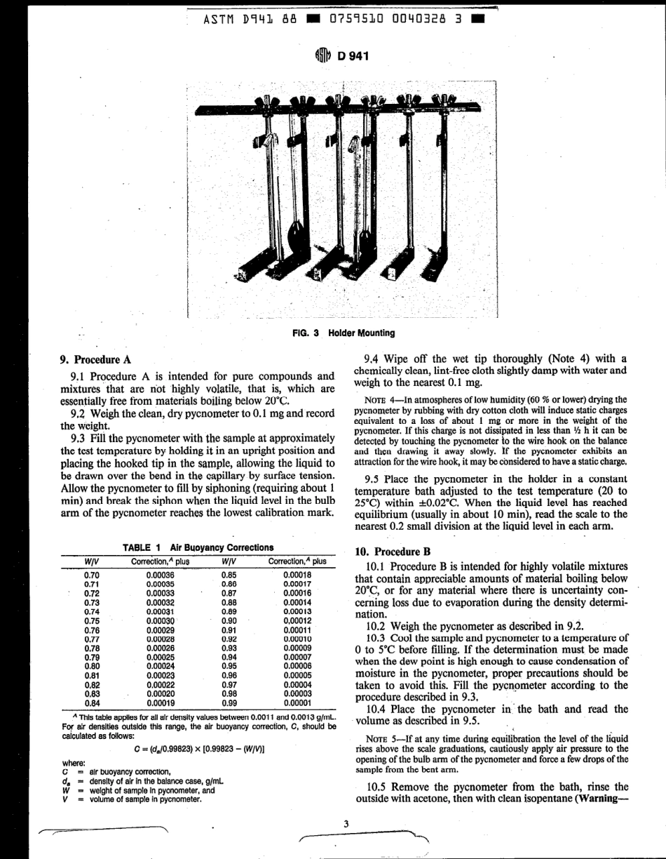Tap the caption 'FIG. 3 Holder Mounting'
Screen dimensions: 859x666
click(x=343, y=333)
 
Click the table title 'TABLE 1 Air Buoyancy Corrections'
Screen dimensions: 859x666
click(x=198, y=547)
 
